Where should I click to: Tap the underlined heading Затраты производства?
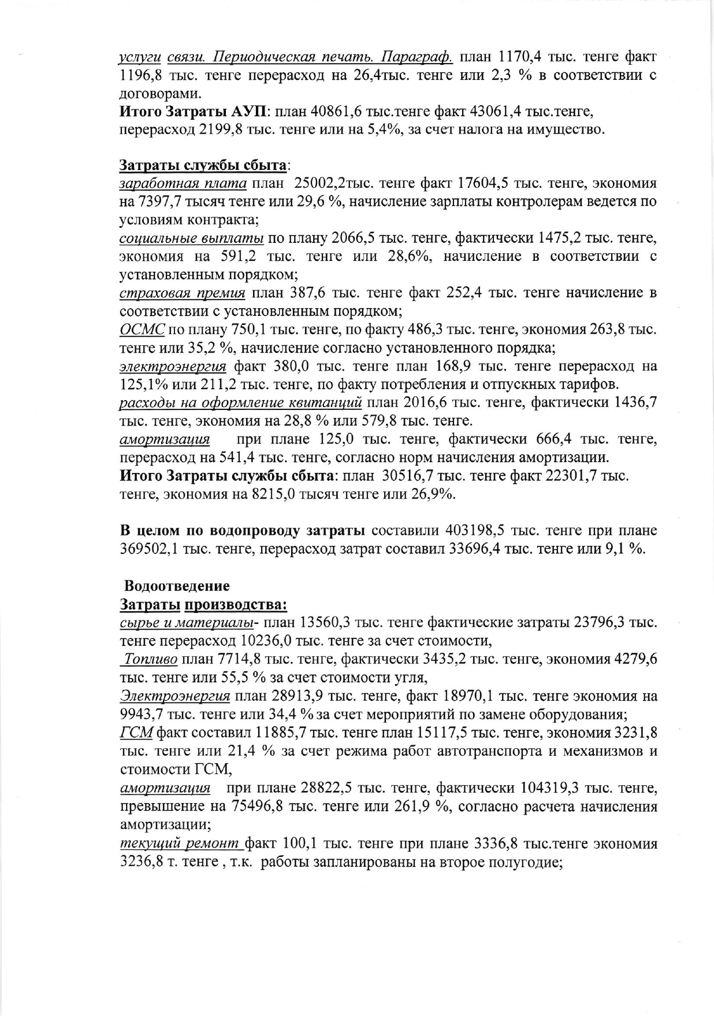[x=203, y=604]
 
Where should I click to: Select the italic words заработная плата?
[x=183, y=183]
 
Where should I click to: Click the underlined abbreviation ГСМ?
[x=136, y=733]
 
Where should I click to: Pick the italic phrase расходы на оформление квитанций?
[x=240, y=402]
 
